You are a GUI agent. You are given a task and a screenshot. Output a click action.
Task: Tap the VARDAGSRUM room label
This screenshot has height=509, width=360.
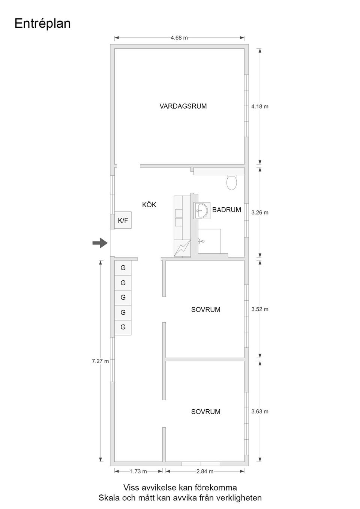click(x=183, y=106)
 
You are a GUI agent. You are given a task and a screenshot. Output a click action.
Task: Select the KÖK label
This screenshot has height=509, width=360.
click(x=149, y=205)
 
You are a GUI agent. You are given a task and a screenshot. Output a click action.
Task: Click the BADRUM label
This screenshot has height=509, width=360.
click(x=226, y=210)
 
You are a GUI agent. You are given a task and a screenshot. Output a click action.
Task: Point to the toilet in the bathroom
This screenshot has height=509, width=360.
click(x=232, y=182)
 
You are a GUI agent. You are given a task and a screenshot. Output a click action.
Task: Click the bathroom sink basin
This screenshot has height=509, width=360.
click(x=201, y=210)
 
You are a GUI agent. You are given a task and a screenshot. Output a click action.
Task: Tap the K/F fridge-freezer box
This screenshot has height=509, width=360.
click(x=123, y=220)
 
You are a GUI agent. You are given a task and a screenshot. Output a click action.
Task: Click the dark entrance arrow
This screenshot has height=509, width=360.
click(x=100, y=243)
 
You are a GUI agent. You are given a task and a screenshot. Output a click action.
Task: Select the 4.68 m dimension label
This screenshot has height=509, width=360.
click(x=179, y=38)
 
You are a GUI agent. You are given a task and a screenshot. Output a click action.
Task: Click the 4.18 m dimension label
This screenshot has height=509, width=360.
click(x=260, y=106)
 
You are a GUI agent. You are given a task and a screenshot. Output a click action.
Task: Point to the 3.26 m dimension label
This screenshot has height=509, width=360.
click(x=260, y=213)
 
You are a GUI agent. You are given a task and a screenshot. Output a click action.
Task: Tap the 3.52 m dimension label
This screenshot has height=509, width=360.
click(x=260, y=309)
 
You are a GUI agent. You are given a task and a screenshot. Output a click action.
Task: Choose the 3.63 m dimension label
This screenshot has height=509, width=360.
click(x=260, y=411)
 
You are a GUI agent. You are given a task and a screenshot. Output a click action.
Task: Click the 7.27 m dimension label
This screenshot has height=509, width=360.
click(x=100, y=361)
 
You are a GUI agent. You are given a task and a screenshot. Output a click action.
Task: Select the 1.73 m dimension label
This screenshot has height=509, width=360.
click(x=138, y=471)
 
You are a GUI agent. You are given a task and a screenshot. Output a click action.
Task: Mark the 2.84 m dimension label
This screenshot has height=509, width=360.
click(x=205, y=471)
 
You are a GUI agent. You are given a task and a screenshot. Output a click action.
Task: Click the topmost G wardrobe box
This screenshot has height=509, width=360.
click(x=123, y=268)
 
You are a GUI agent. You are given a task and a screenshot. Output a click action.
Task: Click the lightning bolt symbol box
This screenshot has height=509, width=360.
click(x=182, y=249)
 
